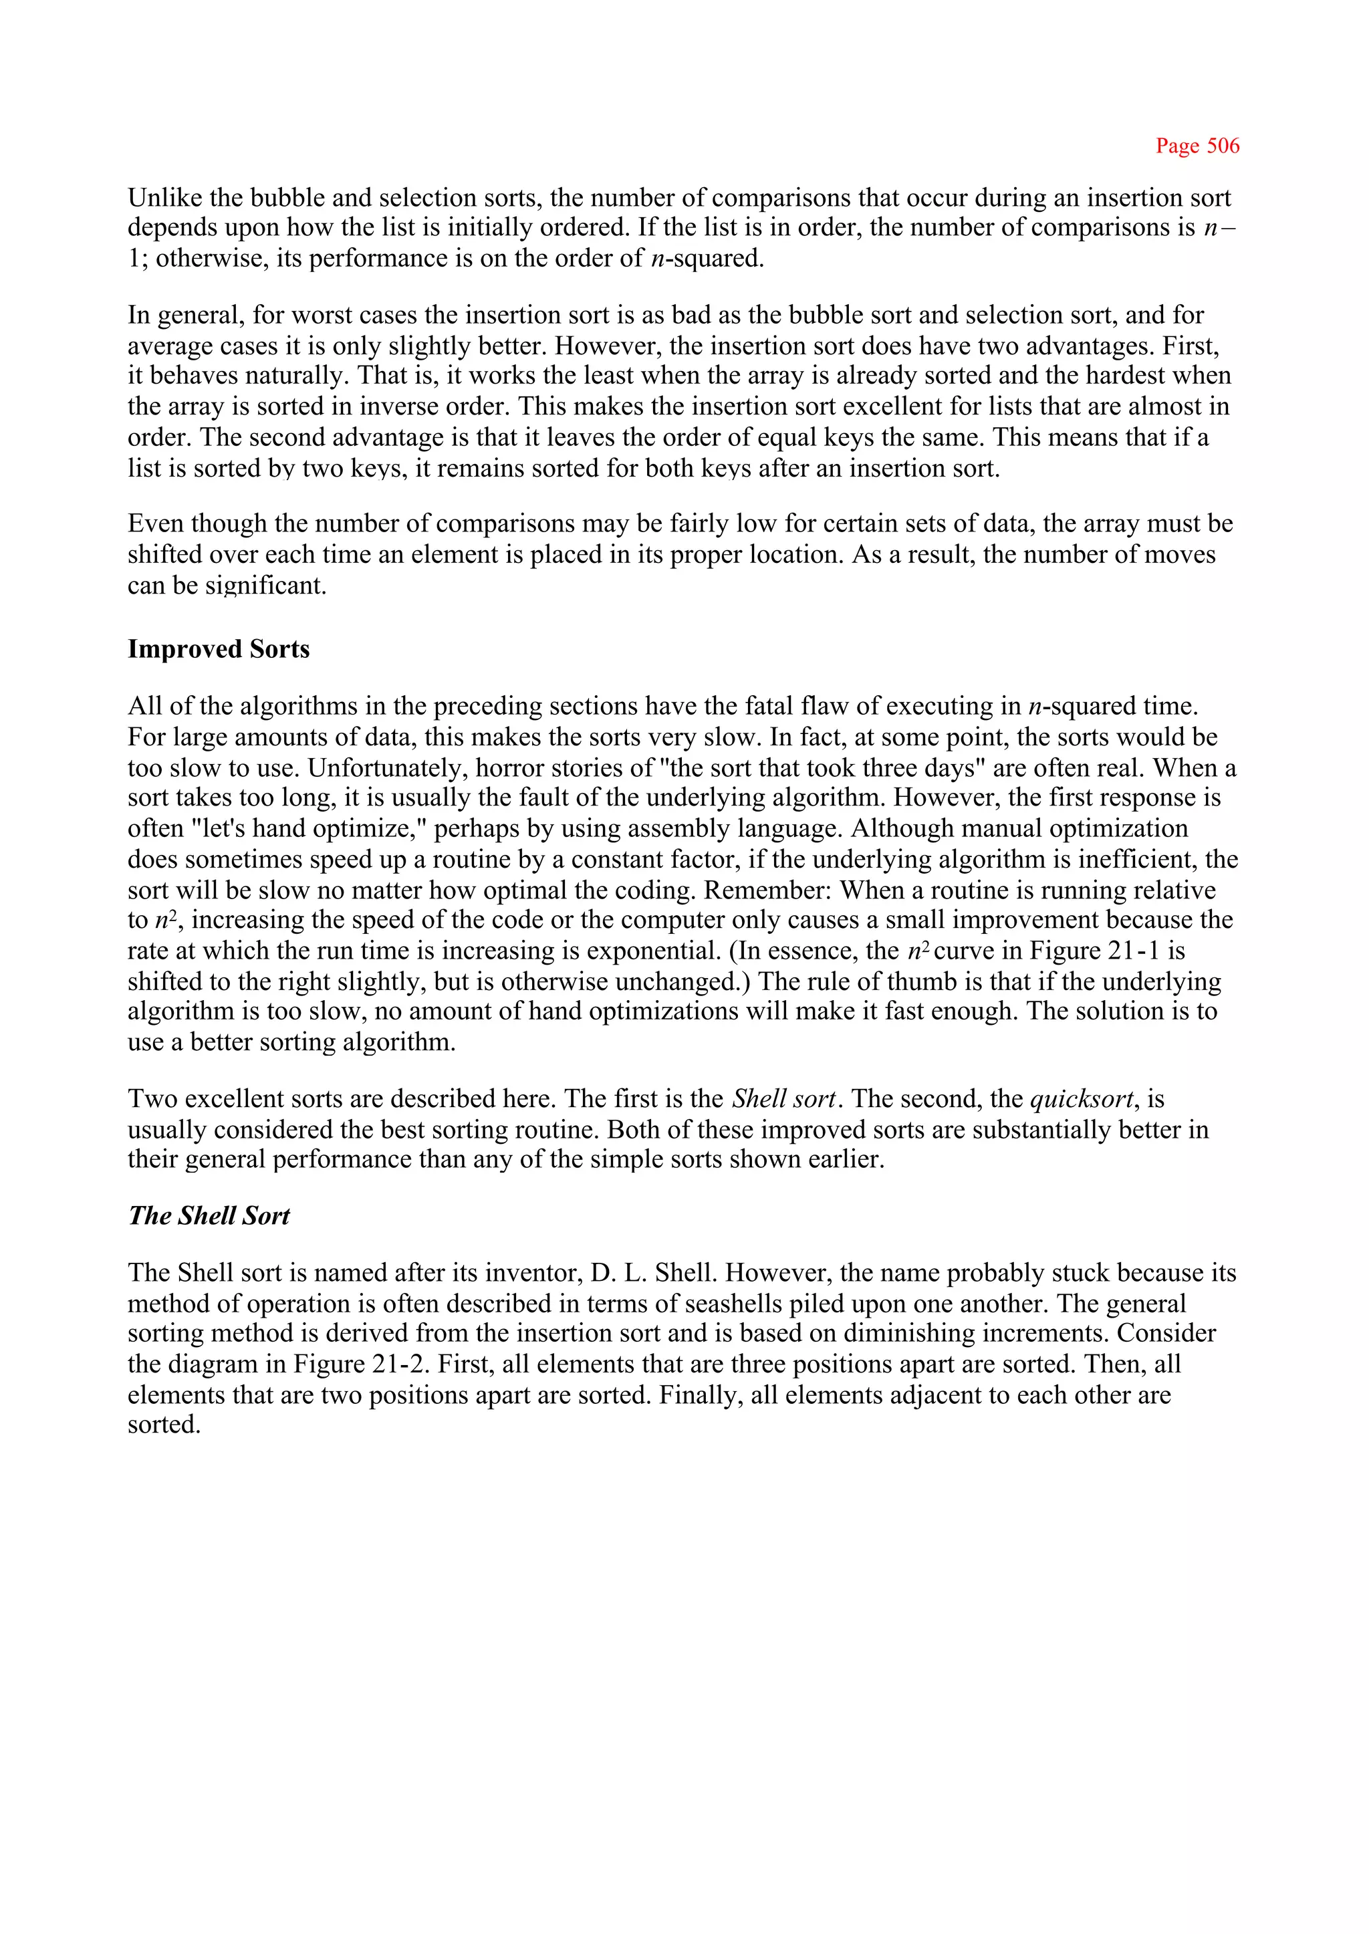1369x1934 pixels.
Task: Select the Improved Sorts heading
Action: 219,649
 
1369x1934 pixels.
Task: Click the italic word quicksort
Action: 1082,1099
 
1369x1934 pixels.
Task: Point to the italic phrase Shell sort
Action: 783,1099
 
